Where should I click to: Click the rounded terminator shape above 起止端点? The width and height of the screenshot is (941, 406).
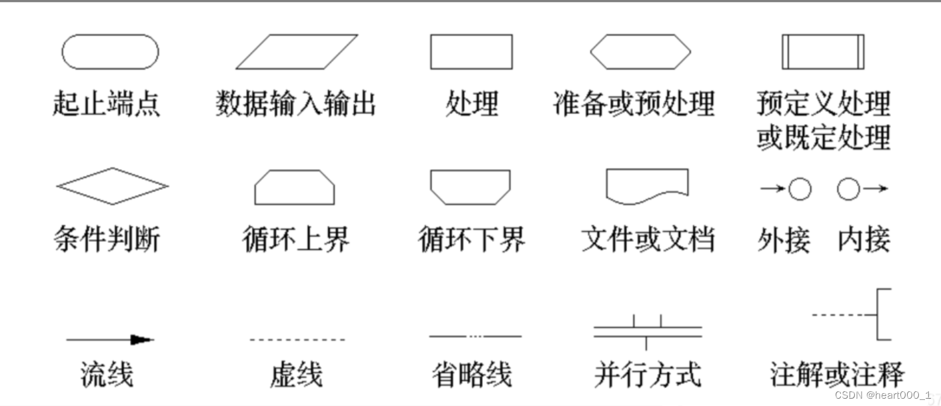click(x=110, y=52)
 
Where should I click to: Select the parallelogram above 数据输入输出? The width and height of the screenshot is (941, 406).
click(x=297, y=52)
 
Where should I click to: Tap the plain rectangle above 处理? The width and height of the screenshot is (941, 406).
click(x=472, y=52)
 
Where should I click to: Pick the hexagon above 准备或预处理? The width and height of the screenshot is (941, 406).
click(x=640, y=52)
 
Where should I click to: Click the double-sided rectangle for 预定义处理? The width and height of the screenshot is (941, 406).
click(x=823, y=52)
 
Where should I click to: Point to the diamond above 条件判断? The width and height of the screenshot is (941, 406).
click(x=112, y=186)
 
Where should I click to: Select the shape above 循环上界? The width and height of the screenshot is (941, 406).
click(x=295, y=187)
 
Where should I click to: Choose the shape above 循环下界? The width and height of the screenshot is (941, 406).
click(x=471, y=187)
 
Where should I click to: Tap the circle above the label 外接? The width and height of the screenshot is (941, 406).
click(x=800, y=190)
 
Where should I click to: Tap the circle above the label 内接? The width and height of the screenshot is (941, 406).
click(x=848, y=190)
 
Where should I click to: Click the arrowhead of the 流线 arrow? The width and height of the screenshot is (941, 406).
click(x=142, y=340)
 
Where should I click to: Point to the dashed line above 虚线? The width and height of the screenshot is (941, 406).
click(x=297, y=340)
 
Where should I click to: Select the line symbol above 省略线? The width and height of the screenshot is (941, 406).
click(x=475, y=336)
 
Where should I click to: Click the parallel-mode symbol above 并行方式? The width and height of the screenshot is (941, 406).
click(x=648, y=330)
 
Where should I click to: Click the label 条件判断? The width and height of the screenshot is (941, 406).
click(x=107, y=239)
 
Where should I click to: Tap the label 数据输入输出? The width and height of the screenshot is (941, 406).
click(x=296, y=105)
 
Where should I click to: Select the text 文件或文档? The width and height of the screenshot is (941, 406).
click(x=648, y=239)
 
